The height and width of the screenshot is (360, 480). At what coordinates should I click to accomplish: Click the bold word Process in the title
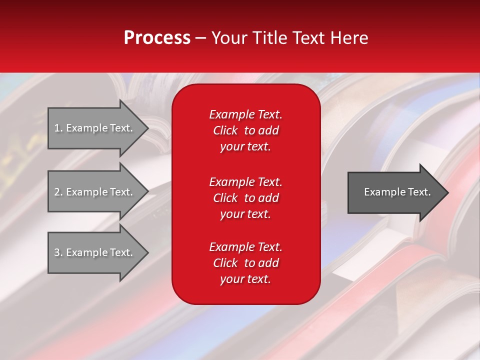[x=157, y=38]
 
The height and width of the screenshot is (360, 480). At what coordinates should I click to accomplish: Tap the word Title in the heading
[x=270, y=38]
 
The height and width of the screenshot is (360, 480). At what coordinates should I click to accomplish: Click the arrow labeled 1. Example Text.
[x=98, y=128]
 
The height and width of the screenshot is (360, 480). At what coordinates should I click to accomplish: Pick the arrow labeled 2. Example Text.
[x=98, y=191]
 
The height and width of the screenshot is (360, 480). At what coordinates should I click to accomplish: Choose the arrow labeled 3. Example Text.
[x=98, y=252]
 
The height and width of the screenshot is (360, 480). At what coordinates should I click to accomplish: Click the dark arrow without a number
[x=398, y=192]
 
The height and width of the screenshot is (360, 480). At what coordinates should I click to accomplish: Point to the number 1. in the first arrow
[x=58, y=128]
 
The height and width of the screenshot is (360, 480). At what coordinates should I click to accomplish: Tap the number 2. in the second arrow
[x=58, y=192]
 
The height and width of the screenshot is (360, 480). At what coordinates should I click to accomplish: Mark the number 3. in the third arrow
[x=58, y=252]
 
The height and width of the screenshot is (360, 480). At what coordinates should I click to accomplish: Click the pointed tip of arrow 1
[x=148, y=128]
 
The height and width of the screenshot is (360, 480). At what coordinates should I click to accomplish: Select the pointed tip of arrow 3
[x=148, y=253]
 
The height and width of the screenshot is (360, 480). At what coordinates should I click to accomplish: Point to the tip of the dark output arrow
[x=448, y=192]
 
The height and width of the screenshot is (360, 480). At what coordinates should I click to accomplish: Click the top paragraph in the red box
[x=245, y=130]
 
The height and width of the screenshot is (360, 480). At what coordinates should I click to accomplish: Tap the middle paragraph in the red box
[x=245, y=198]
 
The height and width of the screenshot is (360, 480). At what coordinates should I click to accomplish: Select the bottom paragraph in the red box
[x=245, y=263]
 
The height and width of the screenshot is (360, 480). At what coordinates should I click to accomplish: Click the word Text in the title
[x=309, y=38]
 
